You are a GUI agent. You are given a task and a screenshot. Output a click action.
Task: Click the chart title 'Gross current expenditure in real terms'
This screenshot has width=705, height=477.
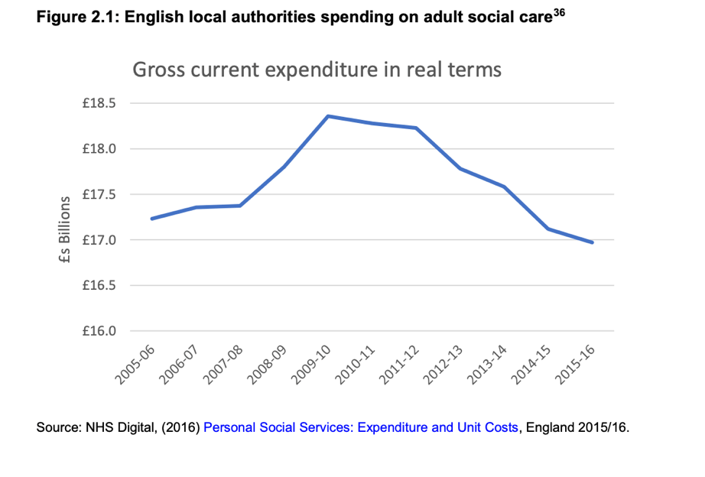pos(317,70)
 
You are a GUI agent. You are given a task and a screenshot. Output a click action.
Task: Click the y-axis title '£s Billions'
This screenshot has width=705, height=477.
pos(65,230)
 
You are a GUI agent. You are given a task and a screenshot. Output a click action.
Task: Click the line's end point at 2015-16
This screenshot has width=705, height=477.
pos(593,242)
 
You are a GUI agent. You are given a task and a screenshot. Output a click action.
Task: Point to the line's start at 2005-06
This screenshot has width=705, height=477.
pos(151,219)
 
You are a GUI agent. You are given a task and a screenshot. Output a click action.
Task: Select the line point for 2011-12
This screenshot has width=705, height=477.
pos(416,128)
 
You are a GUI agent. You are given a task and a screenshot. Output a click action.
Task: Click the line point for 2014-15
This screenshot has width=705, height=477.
pos(548,229)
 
